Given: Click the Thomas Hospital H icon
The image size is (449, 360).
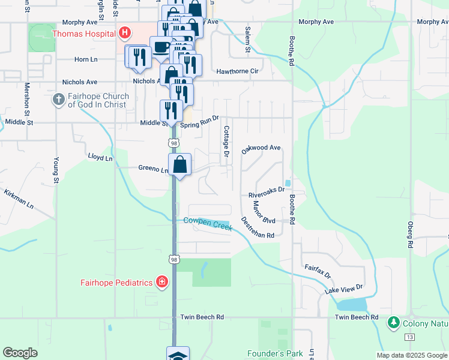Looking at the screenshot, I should (x=125, y=33).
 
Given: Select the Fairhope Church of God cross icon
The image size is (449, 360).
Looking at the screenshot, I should (x=58, y=100).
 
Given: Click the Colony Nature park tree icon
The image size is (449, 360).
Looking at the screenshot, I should (x=394, y=323).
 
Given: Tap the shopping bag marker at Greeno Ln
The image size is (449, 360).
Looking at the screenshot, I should (x=180, y=164).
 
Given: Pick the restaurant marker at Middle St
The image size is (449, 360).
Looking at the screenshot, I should (x=171, y=110).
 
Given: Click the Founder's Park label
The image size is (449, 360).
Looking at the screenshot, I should (x=275, y=353).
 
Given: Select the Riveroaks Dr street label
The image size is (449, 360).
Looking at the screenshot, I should (x=267, y=196).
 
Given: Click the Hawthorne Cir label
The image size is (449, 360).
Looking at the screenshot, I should (x=237, y=71).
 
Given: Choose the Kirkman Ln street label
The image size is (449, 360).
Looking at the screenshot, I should (x=19, y=198).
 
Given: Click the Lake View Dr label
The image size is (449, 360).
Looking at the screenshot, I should (x=344, y=289).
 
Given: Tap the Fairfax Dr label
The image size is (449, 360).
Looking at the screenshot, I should (x=318, y=271).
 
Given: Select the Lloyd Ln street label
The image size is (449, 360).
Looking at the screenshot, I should (x=100, y=158).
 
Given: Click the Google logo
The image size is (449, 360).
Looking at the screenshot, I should (x=20, y=353).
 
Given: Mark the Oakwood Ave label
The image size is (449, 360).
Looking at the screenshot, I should (x=261, y=148).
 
